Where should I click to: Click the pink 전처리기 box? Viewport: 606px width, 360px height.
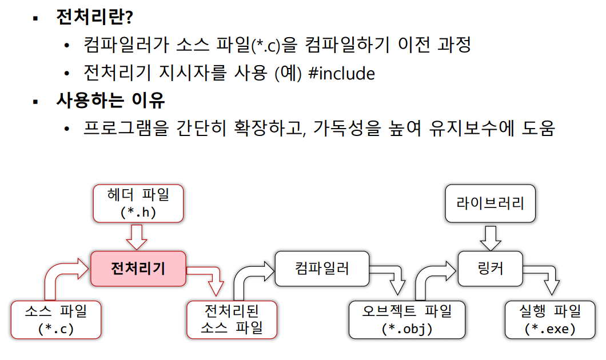pos(138,268)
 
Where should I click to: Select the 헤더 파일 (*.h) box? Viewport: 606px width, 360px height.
pos(138,203)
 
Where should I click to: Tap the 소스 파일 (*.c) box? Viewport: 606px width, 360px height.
pos(56,319)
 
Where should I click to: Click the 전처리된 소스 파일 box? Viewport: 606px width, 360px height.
pos(232,319)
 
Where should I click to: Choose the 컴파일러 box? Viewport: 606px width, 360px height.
pos(322,268)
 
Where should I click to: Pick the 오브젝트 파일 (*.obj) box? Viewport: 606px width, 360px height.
pos(407,319)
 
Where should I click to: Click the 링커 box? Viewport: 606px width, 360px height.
pos(490,268)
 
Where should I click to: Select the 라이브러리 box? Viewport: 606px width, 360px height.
pos(490,203)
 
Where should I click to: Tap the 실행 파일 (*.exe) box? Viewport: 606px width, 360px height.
pos(550,319)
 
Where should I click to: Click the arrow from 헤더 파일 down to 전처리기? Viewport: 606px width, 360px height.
pos(137,236)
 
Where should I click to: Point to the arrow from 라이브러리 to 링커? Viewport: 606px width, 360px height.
pos(490,236)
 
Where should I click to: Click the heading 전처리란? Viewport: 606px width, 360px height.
pos(94,17)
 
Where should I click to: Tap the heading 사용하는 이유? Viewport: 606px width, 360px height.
pos(110,101)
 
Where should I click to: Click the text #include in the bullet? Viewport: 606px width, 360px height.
pos(341,74)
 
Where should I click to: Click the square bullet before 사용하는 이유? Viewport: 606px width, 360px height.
pos(35,102)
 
